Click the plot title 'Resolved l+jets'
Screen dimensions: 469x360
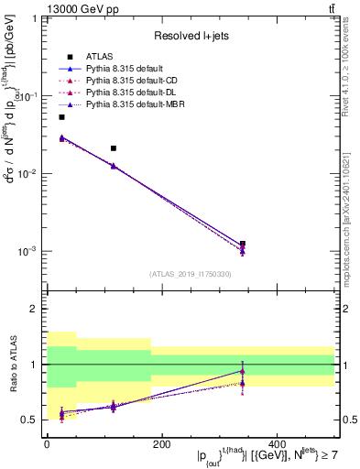pos(190,36)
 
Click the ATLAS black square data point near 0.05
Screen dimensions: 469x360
pos(61,117)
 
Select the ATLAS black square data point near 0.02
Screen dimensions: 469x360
pos(113,147)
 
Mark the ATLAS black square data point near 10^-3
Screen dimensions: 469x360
pos(242,244)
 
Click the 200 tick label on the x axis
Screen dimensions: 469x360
pos(161,444)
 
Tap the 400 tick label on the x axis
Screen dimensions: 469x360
pos(276,444)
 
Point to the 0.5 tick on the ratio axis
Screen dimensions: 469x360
pos(32,420)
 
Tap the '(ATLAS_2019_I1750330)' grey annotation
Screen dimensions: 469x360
pos(190,274)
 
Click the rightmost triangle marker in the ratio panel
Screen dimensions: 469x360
pos(242,371)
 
